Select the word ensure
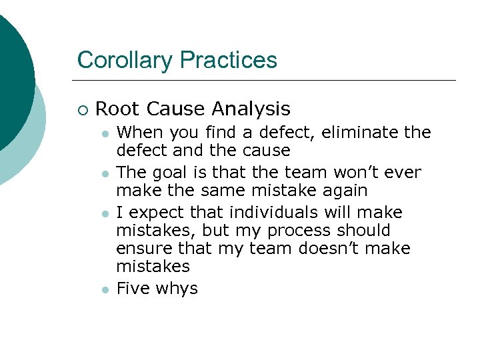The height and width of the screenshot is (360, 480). click(141, 249)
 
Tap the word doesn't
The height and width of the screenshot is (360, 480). click(332, 249)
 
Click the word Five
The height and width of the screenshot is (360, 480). click(132, 289)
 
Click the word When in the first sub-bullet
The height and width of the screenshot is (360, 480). click(137, 133)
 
